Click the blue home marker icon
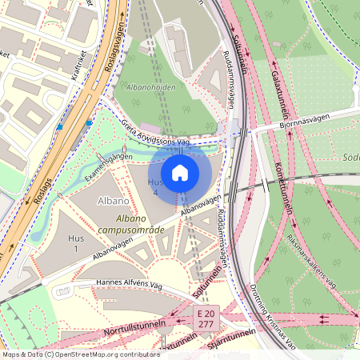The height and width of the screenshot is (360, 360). (x=180, y=172)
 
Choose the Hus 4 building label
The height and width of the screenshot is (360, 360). (x=154, y=187)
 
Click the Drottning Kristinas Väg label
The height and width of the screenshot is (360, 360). (x=273, y=315)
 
